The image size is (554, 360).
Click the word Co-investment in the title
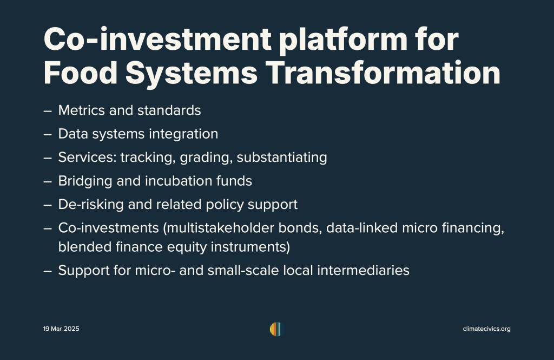tap(157, 39)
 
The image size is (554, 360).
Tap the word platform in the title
tap(343, 40)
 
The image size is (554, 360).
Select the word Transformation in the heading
tap(382, 73)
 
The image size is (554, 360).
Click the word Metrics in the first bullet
tap(81, 110)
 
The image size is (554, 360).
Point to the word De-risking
tap(91, 205)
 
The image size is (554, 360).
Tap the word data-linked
tap(362, 228)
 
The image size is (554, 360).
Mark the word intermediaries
tap(363, 271)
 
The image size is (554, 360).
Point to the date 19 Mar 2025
tap(61, 329)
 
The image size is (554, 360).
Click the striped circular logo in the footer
tap(277, 329)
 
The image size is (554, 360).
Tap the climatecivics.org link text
tap(486, 329)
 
